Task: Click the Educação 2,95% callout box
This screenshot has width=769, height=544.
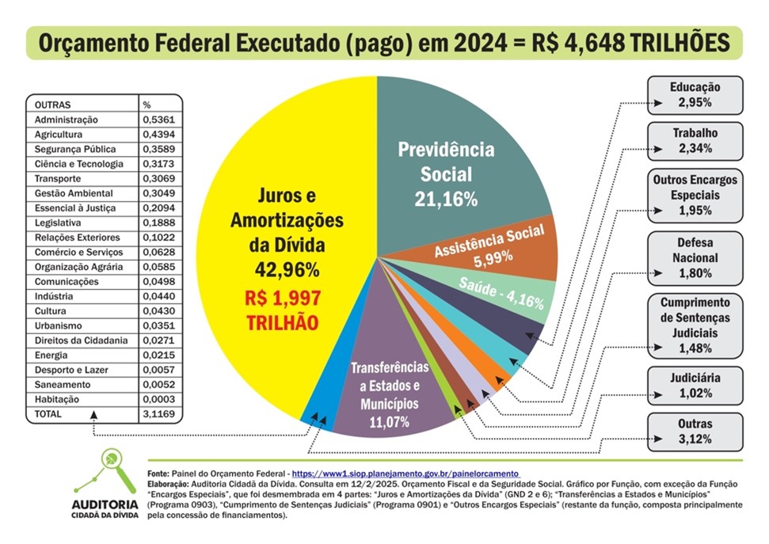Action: point(695,94)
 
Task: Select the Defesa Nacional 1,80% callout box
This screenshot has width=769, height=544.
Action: point(695,258)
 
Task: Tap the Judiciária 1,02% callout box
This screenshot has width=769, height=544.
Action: point(695,386)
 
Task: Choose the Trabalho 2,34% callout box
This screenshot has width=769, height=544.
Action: point(695,141)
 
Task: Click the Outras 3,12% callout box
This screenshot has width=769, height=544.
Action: point(695,432)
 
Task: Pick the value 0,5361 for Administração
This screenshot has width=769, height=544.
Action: point(157,120)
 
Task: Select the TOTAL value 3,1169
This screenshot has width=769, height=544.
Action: point(157,414)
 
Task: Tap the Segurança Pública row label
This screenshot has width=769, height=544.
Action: point(74,149)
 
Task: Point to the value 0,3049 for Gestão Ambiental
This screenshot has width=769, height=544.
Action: point(157,193)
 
